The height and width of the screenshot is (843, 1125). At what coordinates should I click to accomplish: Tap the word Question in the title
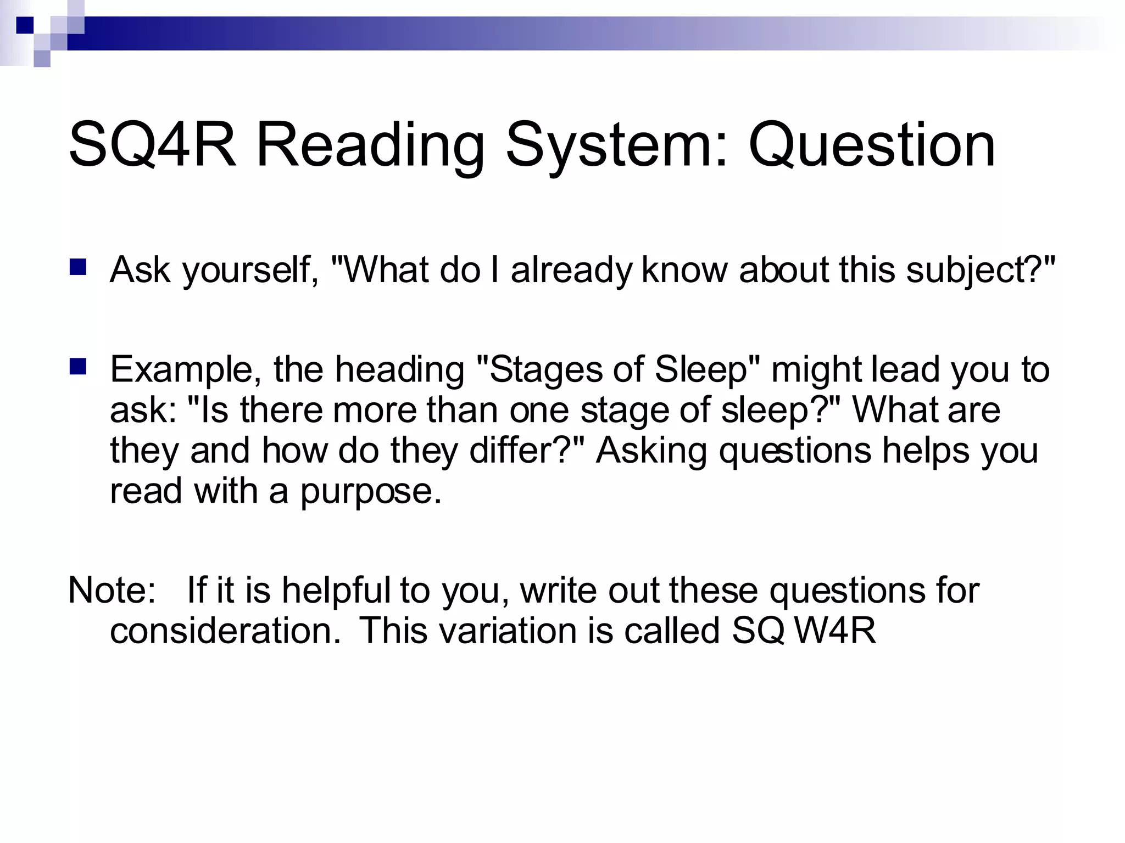click(872, 145)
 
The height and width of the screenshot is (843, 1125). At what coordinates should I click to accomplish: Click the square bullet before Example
click(78, 366)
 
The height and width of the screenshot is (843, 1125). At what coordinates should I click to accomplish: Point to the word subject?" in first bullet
click(981, 270)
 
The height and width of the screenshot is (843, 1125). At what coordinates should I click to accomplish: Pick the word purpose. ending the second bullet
click(371, 491)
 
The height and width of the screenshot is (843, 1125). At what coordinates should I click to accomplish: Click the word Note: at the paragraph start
click(112, 590)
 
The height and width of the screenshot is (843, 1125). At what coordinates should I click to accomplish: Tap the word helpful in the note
click(336, 590)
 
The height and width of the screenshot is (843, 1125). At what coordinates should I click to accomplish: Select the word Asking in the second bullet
click(651, 451)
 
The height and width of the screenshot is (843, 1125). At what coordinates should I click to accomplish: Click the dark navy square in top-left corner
click(25, 25)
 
